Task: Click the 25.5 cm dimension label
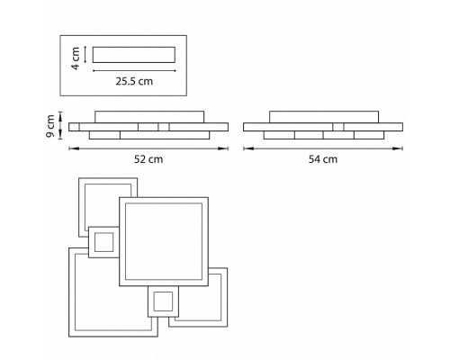pyautogui.click(x=134, y=81)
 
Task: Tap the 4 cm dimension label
pyautogui.click(x=76, y=58)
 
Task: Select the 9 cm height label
pyautogui.click(x=50, y=126)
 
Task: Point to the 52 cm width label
pyautogui.click(x=148, y=159)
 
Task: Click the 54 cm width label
pyautogui.click(x=323, y=159)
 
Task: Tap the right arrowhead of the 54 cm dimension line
pyautogui.click(x=399, y=148)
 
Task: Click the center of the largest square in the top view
pyautogui.click(x=164, y=241)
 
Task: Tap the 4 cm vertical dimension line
pyautogui.click(x=85, y=55)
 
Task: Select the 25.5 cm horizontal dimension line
pyautogui.click(x=134, y=71)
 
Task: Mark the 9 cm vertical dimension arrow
pyautogui.click(x=61, y=125)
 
